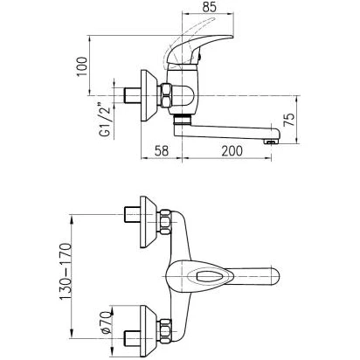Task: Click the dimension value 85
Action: click(x=210, y=7)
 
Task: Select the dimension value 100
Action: click(x=82, y=66)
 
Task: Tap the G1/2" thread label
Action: click(x=105, y=120)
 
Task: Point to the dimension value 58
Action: click(x=162, y=151)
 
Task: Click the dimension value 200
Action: click(x=232, y=151)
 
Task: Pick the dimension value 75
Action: click(x=289, y=120)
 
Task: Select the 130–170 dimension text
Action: click(x=66, y=272)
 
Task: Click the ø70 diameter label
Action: click(x=107, y=322)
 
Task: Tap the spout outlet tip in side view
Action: click(x=271, y=142)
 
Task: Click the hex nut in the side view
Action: click(x=166, y=95)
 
